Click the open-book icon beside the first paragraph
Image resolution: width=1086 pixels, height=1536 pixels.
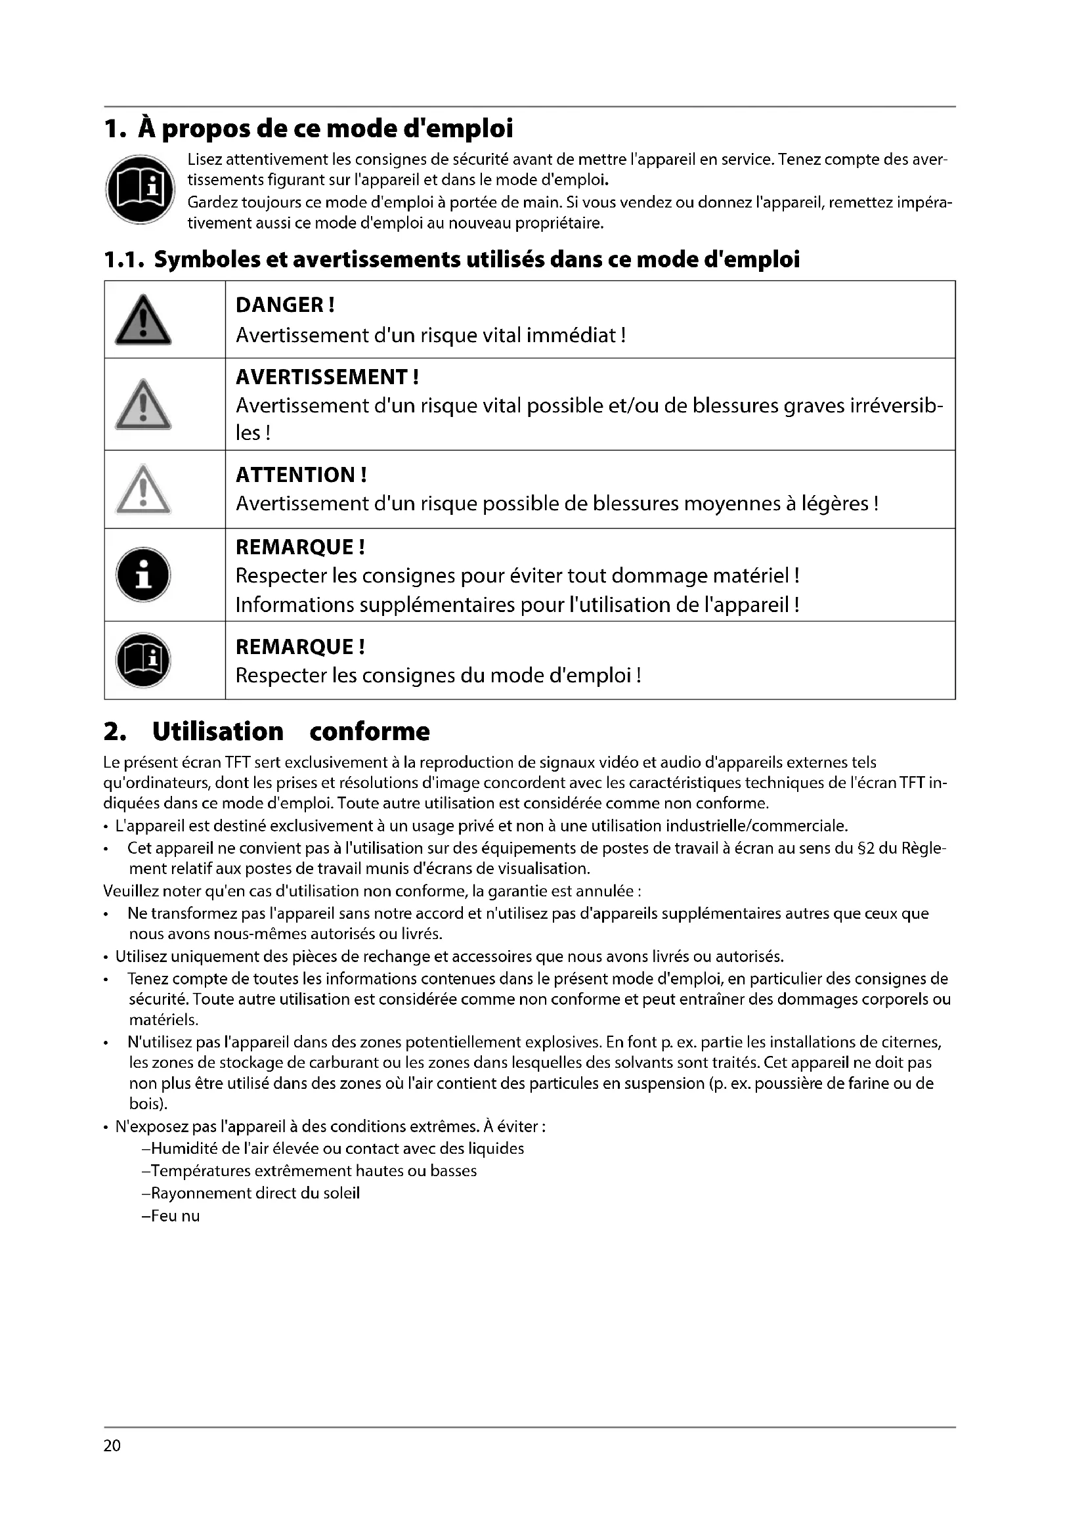click(140, 189)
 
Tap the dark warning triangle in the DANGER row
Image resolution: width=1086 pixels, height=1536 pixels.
click(143, 321)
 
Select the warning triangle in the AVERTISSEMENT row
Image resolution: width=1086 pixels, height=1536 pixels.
click(143, 405)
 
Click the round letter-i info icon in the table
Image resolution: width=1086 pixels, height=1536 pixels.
click(143, 575)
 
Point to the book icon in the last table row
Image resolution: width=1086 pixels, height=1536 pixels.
click(143, 660)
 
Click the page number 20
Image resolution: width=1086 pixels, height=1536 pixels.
click(112, 1446)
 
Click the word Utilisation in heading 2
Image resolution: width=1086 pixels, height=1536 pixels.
click(218, 731)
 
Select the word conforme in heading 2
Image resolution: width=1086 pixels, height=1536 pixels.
click(369, 731)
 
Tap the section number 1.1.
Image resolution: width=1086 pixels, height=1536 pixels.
click(123, 259)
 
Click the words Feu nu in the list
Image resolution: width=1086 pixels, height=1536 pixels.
click(175, 1216)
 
